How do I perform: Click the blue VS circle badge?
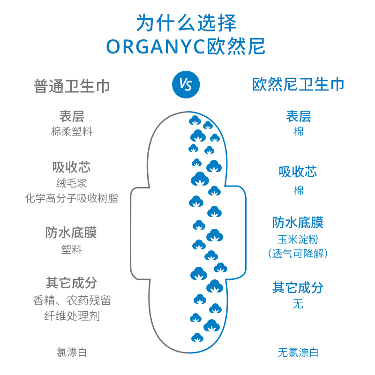pos(186,84)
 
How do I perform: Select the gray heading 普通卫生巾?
pos(72,86)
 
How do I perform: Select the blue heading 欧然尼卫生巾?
pos(298,84)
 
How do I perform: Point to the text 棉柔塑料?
pos(72,131)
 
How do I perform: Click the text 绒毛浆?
pos(72,183)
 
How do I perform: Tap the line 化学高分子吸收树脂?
pos(72,198)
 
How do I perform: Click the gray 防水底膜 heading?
pos(72,233)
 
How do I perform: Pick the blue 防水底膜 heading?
pos(298,222)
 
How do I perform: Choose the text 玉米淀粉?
pos(298,240)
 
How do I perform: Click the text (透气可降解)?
pos(298,254)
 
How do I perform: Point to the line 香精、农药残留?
pos(72,300)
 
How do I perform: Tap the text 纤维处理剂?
pos(72,316)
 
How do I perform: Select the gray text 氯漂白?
pos(72,352)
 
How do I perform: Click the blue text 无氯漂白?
pos(298,352)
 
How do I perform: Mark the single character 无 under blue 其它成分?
pos(298,304)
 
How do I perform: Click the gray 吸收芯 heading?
pos(72,167)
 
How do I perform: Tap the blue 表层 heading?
pos(298,116)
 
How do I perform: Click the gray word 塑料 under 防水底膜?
pos(72,250)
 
